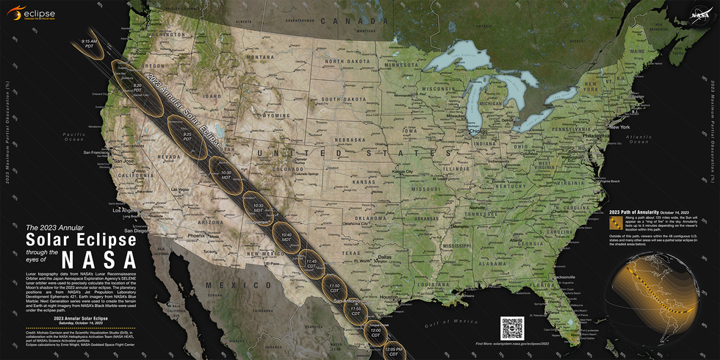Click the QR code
click(512, 327)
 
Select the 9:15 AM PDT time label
click(89, 44)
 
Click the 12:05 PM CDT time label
click(395, 351)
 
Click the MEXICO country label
click(226, 284)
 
